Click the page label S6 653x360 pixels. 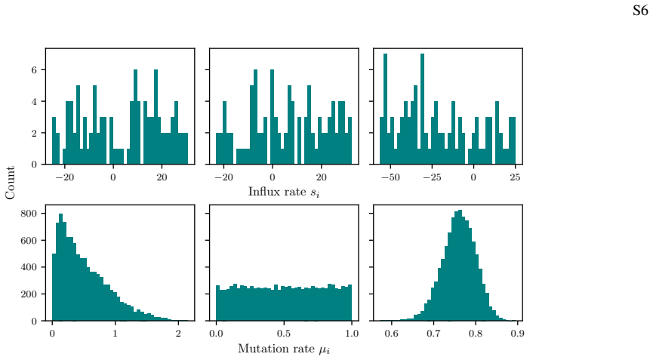tap(640, 11)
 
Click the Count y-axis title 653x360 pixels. tap(10, 183)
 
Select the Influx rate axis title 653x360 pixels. tap(284, 192)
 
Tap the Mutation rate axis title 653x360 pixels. tap(284, 349)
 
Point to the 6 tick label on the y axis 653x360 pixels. tap(34, 70)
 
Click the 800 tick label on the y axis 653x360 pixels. tap(29, 214)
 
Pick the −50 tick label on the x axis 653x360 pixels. tap(390, 177)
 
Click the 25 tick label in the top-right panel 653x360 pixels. tap(515, 177)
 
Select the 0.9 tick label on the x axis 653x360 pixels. tap(517, 334)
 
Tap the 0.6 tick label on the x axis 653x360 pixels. tap(392, 334)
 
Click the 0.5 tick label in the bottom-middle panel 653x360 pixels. tap(284, 334)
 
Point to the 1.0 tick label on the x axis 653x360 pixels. tap(352, 334)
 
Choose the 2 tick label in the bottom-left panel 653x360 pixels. tap(178, 334)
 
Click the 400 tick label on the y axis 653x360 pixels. tap(29, 267)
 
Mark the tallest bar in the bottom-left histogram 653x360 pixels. tap(61, 267)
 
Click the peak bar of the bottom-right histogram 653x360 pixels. tap(460, 266)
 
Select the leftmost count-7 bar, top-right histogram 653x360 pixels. tap(385, 109)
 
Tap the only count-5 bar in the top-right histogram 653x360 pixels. tap(416, 125)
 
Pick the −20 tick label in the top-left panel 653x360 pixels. tap(65, 177)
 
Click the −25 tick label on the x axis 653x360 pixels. tap(432, 177)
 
